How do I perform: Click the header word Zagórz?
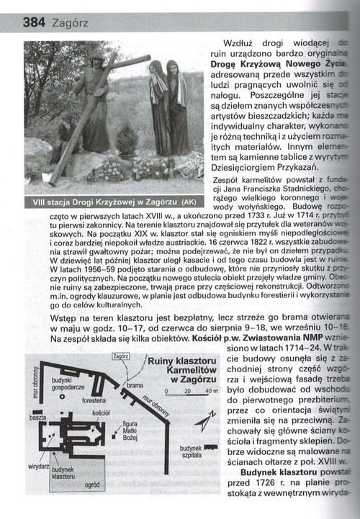click(x=70, y=24)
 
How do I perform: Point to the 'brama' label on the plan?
click(x=135, y=386)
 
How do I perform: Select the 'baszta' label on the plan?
click(x=38, y=417)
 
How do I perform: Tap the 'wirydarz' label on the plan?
click(x=38, y=467)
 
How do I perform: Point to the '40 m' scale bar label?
click(x=211, y=391)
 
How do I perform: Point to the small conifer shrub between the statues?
click(x=126, y=140)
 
